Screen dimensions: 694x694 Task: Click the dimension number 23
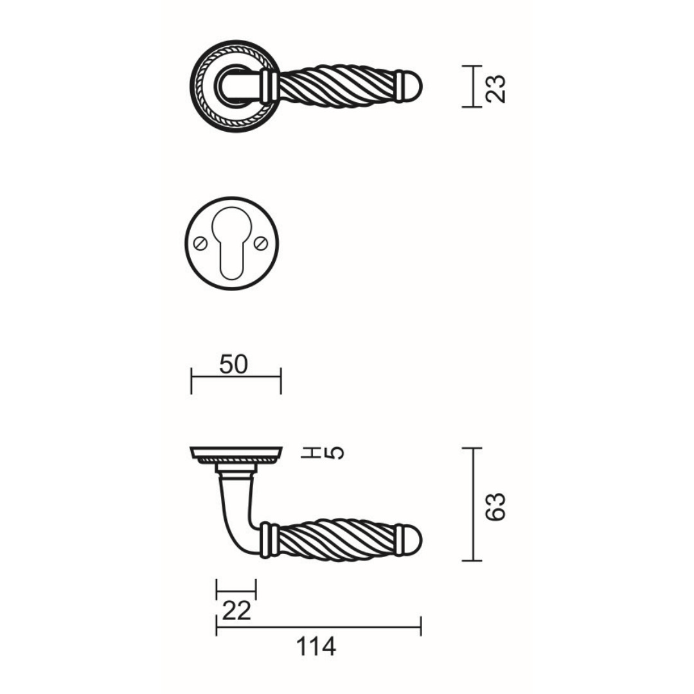(x=495, y=89)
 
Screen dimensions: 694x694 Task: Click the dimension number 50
(x=233, y=365)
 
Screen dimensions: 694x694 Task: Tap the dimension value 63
(x=495, y=507)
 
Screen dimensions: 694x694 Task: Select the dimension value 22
(x=236, y=611)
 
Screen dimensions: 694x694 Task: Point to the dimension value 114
(x=316, y=646)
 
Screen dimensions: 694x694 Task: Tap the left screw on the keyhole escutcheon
(x=200, y=243)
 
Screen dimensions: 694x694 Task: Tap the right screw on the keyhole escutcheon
(x=261, y=242)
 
